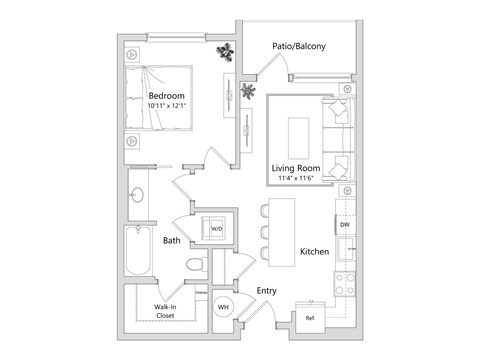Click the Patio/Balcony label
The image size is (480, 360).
(x=304, y=46)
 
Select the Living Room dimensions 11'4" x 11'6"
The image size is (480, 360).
(x=304, y=178)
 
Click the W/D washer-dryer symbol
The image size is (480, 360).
(x=215, y=228)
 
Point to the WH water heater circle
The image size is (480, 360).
(x=225, y=307)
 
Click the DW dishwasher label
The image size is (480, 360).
(x=344, y=226)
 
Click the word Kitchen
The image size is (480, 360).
(x=314, y=253)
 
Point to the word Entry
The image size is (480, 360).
(x=266, y=291)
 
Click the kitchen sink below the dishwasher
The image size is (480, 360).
(x=345, y=251)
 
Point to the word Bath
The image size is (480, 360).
(x=173, y=240)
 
